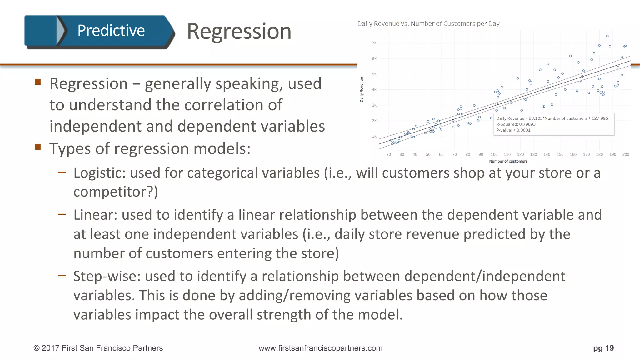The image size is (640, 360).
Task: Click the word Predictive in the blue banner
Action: [111, 31]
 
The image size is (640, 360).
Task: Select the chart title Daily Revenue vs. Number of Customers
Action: [428, 24]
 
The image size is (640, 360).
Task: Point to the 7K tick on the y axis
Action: [374, 43]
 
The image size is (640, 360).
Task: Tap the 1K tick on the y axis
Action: [374, 136]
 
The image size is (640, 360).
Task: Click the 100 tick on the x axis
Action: [494, 154]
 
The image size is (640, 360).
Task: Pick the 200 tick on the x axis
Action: [626, 154]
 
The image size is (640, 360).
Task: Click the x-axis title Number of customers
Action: [508, 161]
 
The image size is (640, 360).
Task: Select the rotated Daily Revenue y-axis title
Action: [362, 90]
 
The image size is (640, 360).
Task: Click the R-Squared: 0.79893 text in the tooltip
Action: [516, 124]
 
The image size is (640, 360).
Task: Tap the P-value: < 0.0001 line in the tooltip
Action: [513, 130]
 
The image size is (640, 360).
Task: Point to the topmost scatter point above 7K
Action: [607, 36]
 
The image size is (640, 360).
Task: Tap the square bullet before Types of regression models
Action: [38, 147]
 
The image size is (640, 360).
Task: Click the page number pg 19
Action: [603, 348]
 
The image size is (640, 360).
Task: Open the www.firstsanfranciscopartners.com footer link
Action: [320, 348]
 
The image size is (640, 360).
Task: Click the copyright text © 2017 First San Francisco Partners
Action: [98, 348]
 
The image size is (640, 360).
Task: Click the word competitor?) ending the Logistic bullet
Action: [116, 192]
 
